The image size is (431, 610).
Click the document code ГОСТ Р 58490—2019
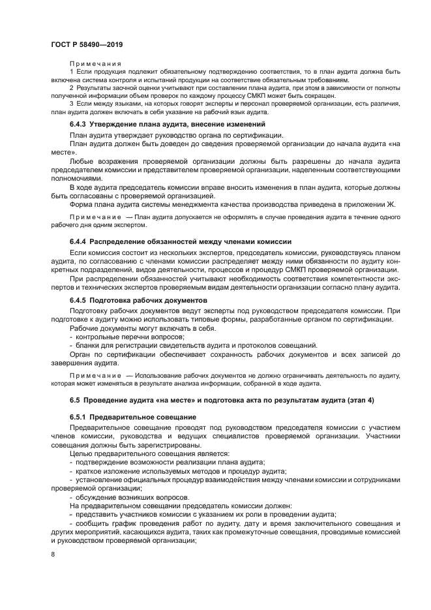pyautogui.click(x=86, y=44)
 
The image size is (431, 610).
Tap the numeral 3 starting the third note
pyautogui.click(x=71, y=104)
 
